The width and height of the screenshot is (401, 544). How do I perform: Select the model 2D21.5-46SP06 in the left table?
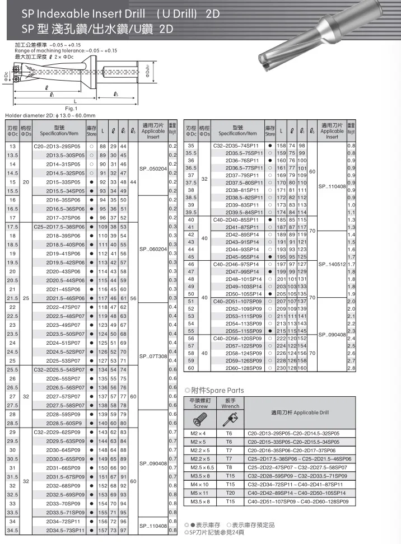63,298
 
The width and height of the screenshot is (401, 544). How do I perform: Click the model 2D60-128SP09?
243,368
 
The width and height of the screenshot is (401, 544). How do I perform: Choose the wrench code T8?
229,467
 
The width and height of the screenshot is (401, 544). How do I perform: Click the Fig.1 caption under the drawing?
71,107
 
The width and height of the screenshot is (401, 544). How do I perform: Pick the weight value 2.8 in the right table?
351,368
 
